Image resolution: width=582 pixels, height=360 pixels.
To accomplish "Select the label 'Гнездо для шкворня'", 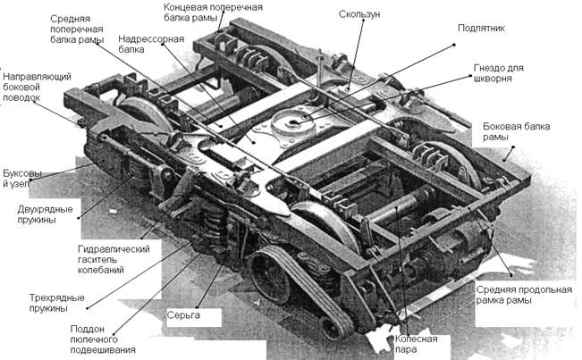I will pos(499,73).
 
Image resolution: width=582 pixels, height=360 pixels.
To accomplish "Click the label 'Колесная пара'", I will pos(412,344).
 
